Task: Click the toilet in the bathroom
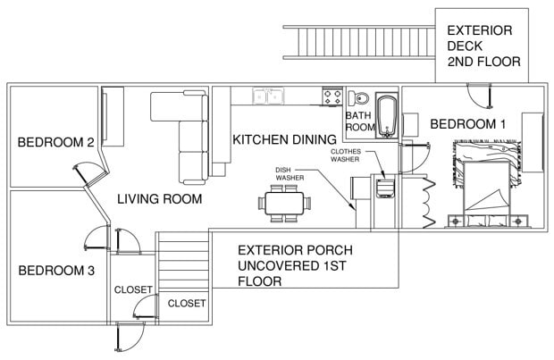[x=358, y=98]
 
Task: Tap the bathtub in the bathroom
[x=388, y=115]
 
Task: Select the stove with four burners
[x=332, y=96]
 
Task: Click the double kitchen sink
[x=268, y=96]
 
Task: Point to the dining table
[x=284, y=203]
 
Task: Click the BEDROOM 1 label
[x=467, y=124]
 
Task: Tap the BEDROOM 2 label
[x=55, y=142]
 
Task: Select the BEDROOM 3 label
[x=56, y=271]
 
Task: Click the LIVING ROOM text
[x=160, y=199]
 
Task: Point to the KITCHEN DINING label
[x=284, y=139]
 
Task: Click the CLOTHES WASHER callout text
[x=346, y=155]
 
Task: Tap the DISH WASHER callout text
[x=290, y=174]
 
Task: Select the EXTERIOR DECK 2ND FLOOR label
[x=483, y=46]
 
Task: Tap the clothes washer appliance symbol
[x=385, y=188]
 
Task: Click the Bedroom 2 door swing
[x=89, y=174]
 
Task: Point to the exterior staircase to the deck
[x=359, y=42]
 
